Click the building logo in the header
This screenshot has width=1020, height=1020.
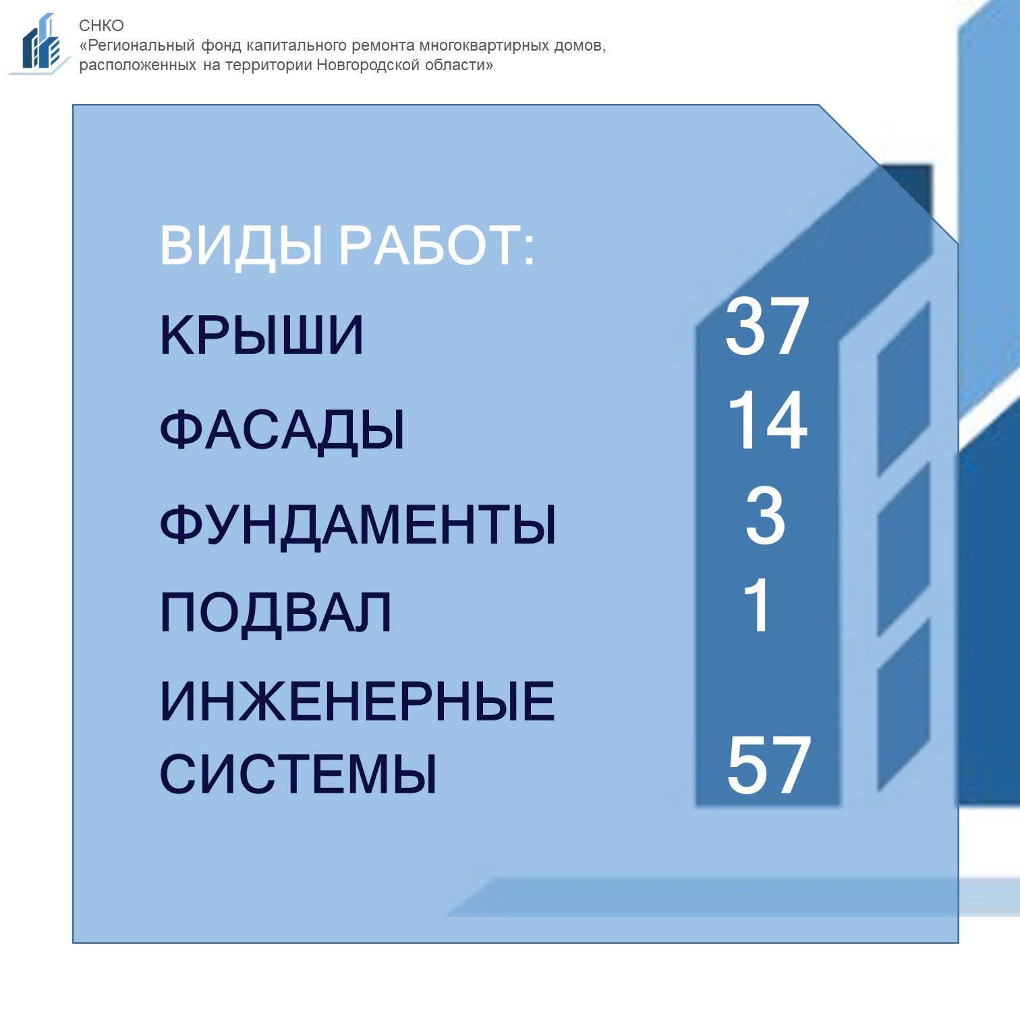[40, 43]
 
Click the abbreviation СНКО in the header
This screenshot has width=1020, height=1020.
[101, 26]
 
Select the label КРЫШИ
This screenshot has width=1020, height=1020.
[262, 335]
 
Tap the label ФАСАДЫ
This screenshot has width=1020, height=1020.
[282, 430]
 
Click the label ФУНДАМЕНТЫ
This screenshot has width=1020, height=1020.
[358, 525]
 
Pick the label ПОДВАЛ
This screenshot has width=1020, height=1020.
[276, 613]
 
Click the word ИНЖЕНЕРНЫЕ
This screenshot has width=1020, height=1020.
[358, 702]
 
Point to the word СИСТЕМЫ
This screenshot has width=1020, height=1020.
[298, 774]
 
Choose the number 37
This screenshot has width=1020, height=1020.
[767, 327]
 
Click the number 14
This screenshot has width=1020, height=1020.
[768, 420]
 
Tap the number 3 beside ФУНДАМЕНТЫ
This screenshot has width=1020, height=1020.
[766, 516]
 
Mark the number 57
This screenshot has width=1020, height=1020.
[768, 766]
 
